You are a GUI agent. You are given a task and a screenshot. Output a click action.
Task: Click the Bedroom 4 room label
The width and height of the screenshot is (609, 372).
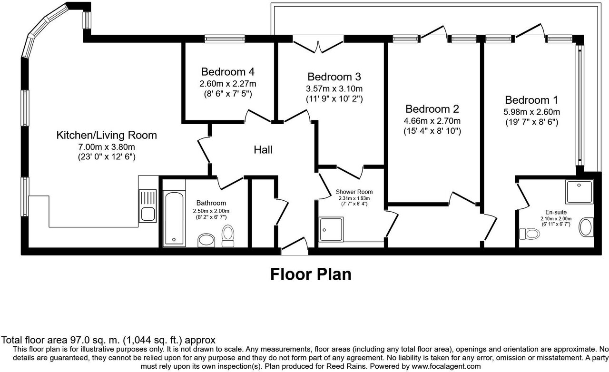point(228,72)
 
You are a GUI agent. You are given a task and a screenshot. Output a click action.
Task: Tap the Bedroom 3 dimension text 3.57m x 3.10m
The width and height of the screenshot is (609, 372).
point(334,88)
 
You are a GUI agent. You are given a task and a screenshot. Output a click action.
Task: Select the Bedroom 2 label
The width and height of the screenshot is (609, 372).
point(432,109)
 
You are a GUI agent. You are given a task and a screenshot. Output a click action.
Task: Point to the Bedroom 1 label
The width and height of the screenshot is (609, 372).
point(531,100)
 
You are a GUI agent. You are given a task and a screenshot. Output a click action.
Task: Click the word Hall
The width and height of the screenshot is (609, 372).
point(263,150)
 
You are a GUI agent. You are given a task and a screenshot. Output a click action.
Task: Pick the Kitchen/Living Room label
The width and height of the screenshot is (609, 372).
point(107,135)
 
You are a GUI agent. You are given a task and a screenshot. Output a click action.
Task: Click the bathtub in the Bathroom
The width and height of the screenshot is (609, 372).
point(174,218)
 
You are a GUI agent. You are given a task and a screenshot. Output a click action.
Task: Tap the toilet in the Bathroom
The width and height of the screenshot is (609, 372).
point(228,236)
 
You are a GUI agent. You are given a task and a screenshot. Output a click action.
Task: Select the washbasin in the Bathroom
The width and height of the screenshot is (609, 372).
point(206,240)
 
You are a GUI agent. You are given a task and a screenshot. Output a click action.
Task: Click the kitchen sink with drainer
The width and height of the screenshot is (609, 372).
point(147,206)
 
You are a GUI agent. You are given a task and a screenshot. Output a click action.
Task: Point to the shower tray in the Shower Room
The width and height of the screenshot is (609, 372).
point(331,229)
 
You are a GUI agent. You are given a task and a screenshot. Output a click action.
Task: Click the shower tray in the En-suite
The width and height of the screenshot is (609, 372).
point(580,191)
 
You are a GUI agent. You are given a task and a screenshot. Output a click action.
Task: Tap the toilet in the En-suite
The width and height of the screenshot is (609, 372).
point(529,233)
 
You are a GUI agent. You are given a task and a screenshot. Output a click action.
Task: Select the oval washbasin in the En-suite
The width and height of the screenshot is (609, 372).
point(586,227)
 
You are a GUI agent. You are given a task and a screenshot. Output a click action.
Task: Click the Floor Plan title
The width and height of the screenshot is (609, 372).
point(311,274)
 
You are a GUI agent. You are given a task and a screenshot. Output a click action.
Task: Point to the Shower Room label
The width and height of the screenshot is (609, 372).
point(354,192)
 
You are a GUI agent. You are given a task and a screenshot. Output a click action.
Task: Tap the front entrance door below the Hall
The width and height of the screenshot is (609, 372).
point(295,246)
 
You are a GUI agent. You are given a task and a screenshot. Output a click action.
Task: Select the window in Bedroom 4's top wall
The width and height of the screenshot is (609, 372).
point(225,39)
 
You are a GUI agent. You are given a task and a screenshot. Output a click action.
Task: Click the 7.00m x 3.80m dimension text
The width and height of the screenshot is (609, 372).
point(107,147)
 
